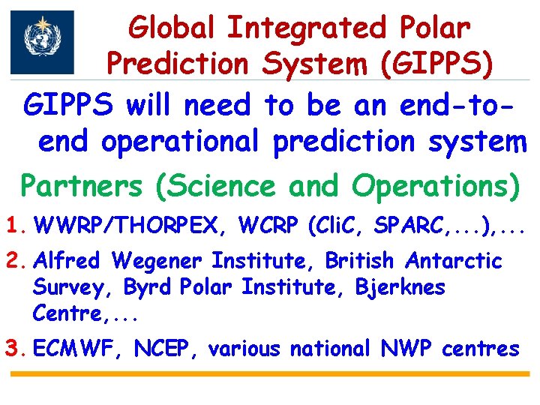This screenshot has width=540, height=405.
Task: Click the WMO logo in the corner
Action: (42, 42)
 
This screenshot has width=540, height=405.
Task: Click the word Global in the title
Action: (173, 28)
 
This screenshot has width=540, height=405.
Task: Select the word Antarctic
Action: (454, 260)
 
